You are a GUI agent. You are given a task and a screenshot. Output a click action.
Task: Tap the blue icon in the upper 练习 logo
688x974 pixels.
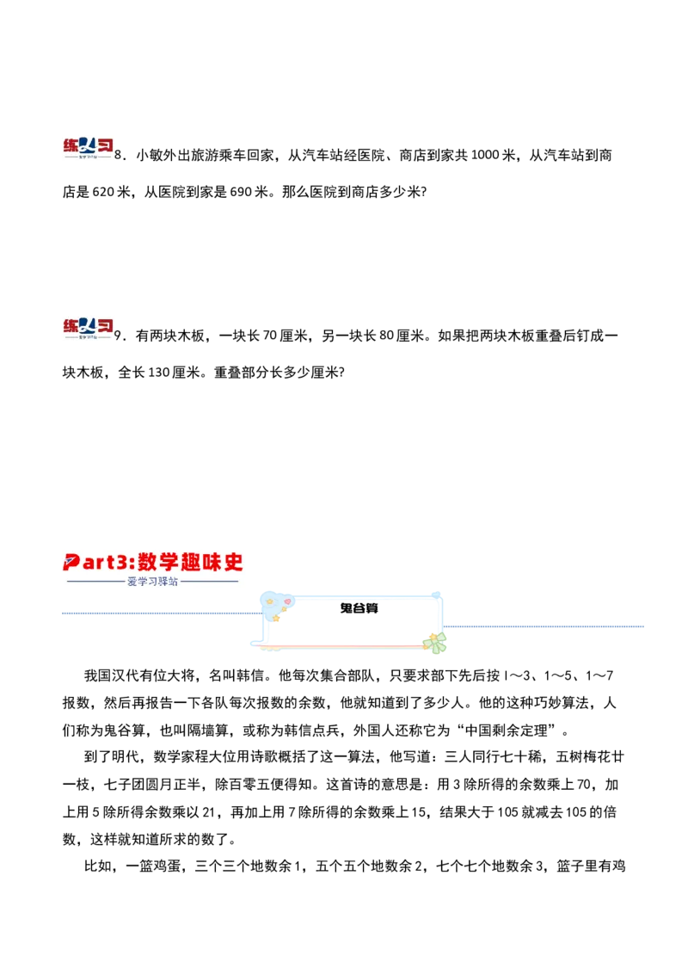(87, 145)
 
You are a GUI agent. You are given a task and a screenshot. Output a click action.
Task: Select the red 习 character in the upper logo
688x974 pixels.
(104, 145)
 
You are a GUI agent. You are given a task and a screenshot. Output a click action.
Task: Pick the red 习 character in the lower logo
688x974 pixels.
(104, 324)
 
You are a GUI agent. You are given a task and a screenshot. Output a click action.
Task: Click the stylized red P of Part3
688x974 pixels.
(72, 563)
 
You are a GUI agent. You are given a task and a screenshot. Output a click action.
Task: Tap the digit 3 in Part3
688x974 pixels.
(121, 563)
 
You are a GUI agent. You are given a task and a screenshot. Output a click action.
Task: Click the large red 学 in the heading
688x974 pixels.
(169, 563)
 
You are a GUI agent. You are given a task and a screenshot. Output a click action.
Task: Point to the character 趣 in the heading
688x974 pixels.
(191, 563)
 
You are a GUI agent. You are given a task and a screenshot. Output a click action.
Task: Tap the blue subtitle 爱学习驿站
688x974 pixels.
(152, 583)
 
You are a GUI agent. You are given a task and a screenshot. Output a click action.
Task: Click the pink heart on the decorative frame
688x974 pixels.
(286, 601)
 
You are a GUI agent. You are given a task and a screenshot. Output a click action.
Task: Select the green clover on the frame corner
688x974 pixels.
(434, 641)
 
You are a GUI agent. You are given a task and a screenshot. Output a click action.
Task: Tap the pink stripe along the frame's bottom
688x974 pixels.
(344, 644)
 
